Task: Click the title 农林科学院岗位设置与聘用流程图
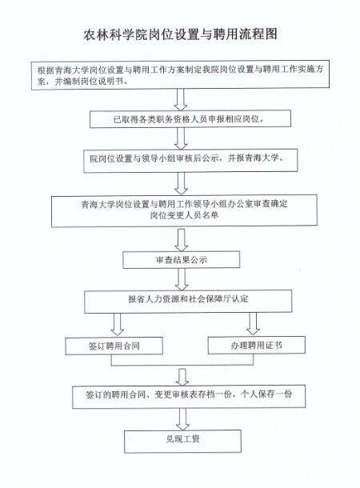coord(180,34)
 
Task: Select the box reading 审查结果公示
coord(181,260)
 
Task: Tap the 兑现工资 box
coord(182,442)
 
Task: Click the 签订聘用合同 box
coord(114,346)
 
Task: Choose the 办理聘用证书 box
coord(256,345)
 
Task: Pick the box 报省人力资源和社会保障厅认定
coord(188,302)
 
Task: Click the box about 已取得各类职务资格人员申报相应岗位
coord(190,119)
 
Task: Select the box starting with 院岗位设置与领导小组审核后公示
coord(190,161)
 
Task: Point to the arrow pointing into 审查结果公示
coord(181,240)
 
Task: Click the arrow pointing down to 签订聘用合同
coord(118,324)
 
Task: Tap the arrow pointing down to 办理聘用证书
coord(253,323)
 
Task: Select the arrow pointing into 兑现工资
coord(182,419)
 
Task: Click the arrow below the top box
coord(181,99)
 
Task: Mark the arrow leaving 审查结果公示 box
coord(182,279)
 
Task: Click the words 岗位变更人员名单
coord(184,215)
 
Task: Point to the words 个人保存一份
coord(266,394)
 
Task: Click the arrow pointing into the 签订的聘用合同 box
coord(182,378)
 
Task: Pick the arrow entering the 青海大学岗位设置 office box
coord(181,184)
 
